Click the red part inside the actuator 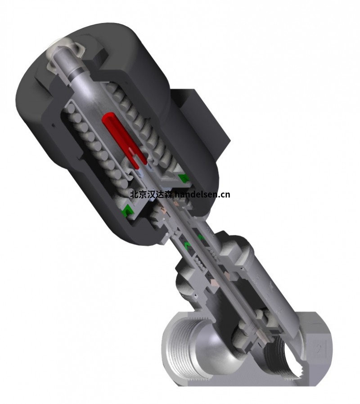pyautogui.click(x=124, y=137)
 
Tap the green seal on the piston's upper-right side pyautogui.click(x=183, y=178)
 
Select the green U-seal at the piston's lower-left pyautogui.click(x=127, y=210)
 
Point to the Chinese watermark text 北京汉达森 pyautogui.click(x=151, y=194)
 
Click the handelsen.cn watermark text pyautogui.click(x=202, y=194)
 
